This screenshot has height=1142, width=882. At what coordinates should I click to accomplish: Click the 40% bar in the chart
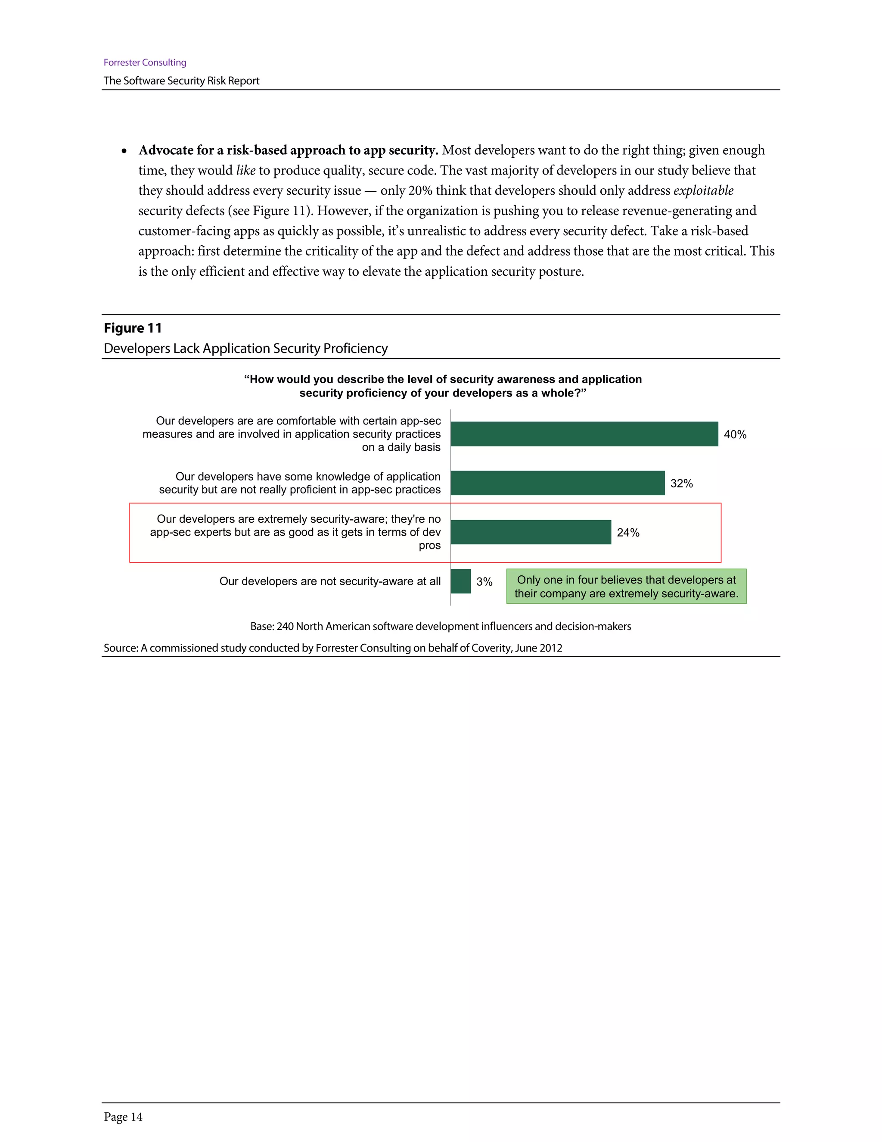(x=584, y=434)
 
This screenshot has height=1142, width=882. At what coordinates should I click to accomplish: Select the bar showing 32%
(x=558, y=483)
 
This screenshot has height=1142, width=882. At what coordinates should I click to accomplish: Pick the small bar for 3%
(x=460, y=581)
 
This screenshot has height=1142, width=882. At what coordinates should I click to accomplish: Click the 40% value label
(x=735, y=434)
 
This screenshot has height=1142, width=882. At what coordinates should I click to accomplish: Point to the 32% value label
(x=681, y=484)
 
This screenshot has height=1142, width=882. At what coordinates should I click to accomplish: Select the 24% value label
(x=628, y=533)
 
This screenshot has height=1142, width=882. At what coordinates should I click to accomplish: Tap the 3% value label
(x=484, y=582)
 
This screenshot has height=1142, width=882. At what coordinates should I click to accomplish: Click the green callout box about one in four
(x=626, y=587)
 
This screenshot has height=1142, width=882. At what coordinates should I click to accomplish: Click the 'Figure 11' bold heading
(x=133, y=328)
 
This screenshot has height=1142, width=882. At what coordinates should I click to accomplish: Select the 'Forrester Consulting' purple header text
(x=145, y=63)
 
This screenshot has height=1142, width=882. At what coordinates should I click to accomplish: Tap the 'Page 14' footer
(x=123, y=1117)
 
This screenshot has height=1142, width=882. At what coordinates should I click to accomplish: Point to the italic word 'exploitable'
(x=703, y=191)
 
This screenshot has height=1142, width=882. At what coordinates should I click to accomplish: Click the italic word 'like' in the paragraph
(x=245, y=171)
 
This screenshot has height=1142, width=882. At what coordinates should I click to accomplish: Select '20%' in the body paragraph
(x=420, y=191)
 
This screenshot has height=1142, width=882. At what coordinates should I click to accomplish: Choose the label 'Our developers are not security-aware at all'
(x=330, y=581)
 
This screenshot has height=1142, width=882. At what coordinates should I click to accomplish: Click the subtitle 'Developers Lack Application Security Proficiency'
(x=245, y=349)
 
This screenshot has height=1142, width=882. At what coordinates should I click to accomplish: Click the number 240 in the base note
(x=285, y=627)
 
